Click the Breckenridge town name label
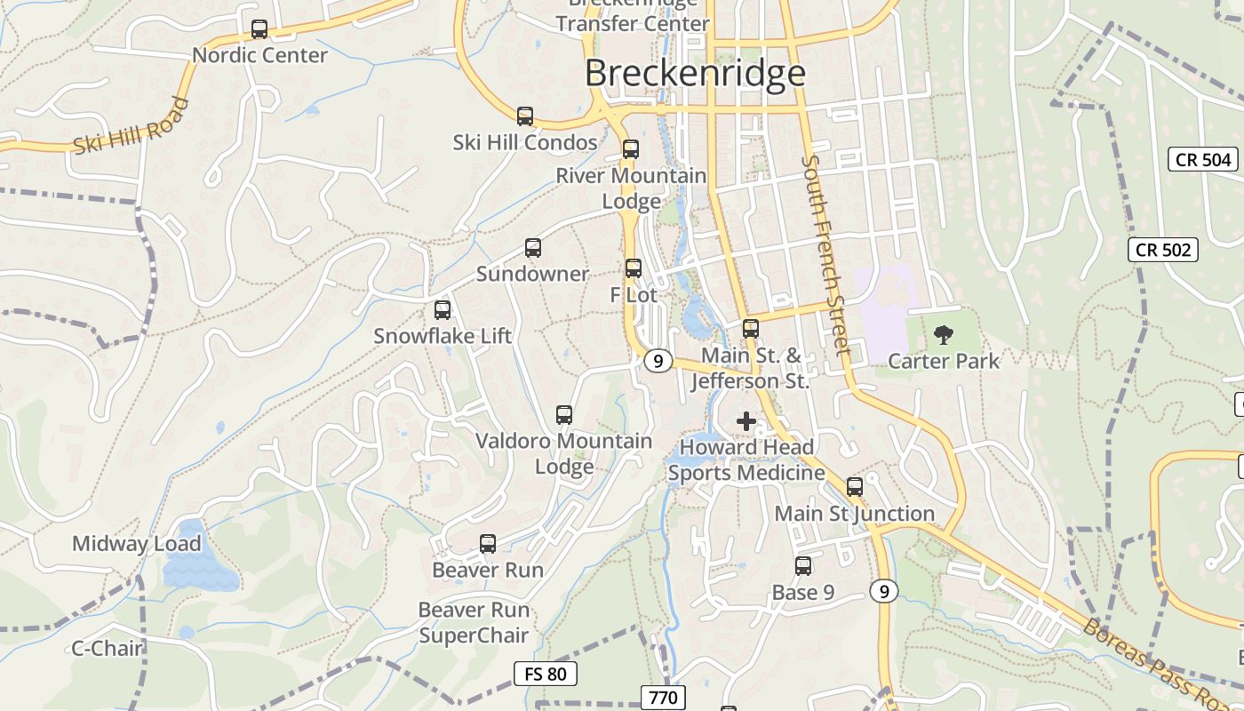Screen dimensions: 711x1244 pyautogui.click(x=695, y=73)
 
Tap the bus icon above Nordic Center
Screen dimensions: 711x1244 pyautogui.click(x=259, y=29)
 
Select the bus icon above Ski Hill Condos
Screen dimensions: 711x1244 pyautogui.click(x=525, y=116)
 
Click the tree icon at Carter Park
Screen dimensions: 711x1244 pyautogui.click(x=943, y=335)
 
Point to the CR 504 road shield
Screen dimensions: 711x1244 pyautogui.click(x=1203, y=159)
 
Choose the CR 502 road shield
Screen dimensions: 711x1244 pyautogui.click(x=1163, y=250)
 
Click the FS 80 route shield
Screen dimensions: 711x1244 pyautogui.click(x=546, y=674)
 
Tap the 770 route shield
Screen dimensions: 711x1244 pyautogui.click(x=663, y=697)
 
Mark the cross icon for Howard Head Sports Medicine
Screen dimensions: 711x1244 pyautogui.click(x=746, y=421)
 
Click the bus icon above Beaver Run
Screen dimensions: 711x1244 pyautogui.click(x=487, y=544)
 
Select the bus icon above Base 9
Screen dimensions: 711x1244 pyautogui.click(x=803, y=566)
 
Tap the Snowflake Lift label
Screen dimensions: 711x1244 pyautogui.click(x=443, y=336)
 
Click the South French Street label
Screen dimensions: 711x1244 pyautogui.click(x=825, y=254)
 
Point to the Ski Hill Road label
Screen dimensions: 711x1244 pyautogui.click(x=132, y=126)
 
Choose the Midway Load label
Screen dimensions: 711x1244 pyautogui.click(x=137, y=544)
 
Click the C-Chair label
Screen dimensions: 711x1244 pyautogui.click(x=107, y=648)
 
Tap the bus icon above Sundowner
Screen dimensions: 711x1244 pyautogui.click(x=533, y=248)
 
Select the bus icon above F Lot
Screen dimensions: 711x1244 pyautogui.click(x=634, y=268)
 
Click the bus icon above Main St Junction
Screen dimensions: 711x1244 pyautogui.click(x=855, y=487)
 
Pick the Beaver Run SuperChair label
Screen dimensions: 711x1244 pyautogui.click(x=474, y=622)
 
